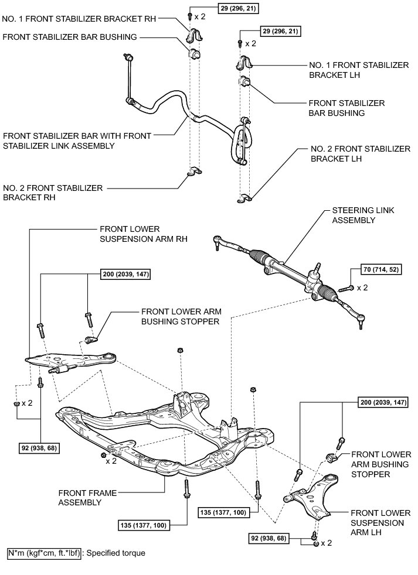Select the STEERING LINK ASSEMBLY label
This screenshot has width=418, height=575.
(358, 215)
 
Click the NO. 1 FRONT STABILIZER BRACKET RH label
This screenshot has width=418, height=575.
(80, 18)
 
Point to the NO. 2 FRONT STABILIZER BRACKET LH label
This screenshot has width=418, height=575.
(360, 153)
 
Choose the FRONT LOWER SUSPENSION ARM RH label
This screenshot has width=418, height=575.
(130, 233)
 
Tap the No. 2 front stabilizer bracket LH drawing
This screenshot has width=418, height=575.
(245, 199)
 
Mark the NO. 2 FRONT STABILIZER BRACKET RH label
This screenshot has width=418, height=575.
(53, 193)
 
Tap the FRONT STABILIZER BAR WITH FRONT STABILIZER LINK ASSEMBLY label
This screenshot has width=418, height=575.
(76, 141)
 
